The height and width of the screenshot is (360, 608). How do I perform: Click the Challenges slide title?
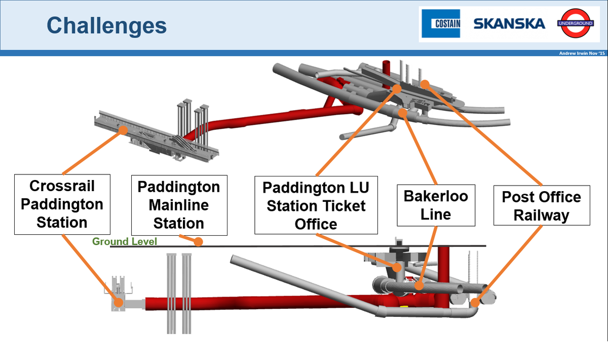tap(107, 25)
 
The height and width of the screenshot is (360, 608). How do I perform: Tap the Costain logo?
tap(441, 23)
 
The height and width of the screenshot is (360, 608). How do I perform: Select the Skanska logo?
tap(509, 24)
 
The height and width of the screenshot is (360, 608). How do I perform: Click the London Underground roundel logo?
tap(576, 23)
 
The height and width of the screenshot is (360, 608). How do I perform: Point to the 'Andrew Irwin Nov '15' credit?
tap(582, 53)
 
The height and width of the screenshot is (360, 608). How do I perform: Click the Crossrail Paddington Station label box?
tap(62, 204)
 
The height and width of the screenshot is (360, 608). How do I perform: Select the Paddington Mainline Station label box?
tap(179, 205)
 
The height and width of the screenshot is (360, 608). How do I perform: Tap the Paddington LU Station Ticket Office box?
tap(316, 205)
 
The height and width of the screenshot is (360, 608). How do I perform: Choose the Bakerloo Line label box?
tap(436, 205)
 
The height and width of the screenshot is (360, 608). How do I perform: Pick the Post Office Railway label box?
tap(542, 205)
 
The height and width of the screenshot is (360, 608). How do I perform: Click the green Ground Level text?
tap(125, 241)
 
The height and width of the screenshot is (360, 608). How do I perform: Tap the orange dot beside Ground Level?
tap(199, 241)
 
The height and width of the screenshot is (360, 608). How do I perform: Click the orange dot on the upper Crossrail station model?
tap(123, 130)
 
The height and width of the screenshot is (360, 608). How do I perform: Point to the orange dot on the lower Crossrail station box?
tap(119, 302)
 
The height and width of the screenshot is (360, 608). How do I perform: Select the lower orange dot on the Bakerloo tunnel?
tap(419, 285)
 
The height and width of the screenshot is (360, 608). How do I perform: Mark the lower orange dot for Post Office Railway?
tap(475, 302)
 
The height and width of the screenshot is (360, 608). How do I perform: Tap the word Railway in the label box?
tap(542, 215)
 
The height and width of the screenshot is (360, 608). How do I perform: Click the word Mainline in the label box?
tap(179, 205)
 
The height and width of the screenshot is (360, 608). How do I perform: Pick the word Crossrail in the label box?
tap(62, 186)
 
